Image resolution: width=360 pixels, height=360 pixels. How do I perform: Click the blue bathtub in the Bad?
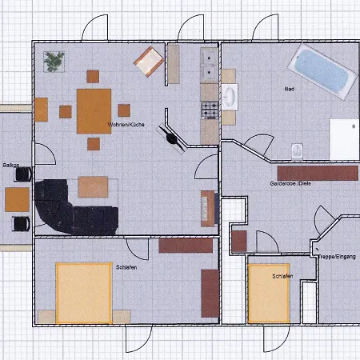click(x=322, y=71)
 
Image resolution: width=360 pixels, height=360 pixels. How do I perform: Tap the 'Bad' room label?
click(x=290, y=89)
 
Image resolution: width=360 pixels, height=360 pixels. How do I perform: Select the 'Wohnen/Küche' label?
click(x=126, y=125)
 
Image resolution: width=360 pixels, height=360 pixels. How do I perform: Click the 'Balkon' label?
click(x=11, y=166)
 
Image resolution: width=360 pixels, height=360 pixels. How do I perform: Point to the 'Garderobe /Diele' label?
click(x=290, y=183)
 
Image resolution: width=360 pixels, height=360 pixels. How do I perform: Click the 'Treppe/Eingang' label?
click(x=337, y=257)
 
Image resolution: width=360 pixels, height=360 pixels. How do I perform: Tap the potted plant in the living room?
click(x=54, y=62)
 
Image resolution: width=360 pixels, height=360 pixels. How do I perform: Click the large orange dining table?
click(x=94, y=111)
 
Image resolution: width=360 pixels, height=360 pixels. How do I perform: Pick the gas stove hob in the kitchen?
click(x=210, y=110)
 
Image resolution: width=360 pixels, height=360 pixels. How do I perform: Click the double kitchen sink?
click(x=209, y=65)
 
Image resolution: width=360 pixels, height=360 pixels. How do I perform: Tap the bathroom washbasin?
click(x=230, y=97)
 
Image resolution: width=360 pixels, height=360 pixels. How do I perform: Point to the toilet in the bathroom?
click(x=297, y=152)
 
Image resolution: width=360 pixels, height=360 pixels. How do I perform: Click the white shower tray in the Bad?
click(x=344, y=139)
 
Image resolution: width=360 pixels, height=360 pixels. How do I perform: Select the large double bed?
click(x=84, y=293)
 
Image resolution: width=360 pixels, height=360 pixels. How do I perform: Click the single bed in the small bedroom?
click(x=269, y=294)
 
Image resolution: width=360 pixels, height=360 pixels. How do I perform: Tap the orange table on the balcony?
click(x=17, y=199)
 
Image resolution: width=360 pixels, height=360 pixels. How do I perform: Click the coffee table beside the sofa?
click(x=93, y=187)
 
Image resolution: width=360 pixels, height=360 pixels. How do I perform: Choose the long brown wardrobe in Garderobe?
click(x=318, y=173)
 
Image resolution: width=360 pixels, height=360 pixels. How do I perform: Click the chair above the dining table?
click(x=93, y=77)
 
